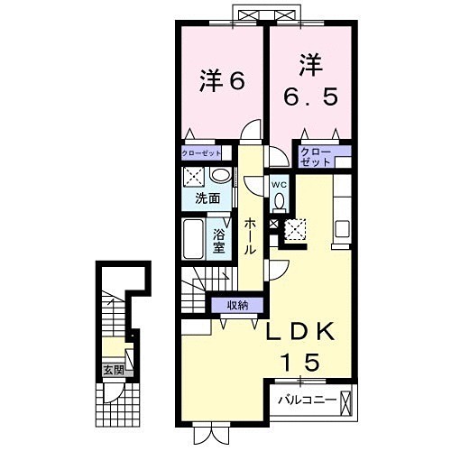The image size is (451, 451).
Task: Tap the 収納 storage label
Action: (238, 304)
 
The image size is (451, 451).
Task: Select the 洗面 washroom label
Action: (208, 198)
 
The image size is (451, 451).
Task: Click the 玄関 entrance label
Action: (111, 370)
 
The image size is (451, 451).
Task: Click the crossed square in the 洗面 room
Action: (192, 176)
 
